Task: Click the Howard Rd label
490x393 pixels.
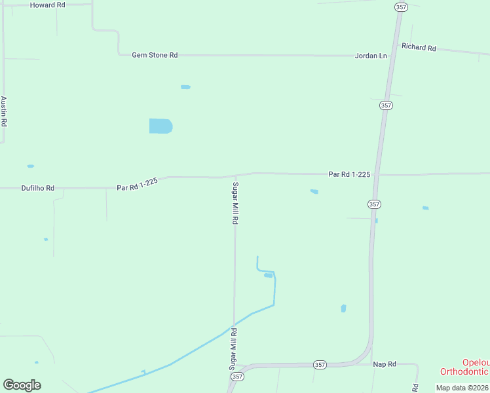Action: (x=48, y=5)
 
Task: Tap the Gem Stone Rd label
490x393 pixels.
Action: (x=155, y=56)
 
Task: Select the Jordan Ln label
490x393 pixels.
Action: (x=371, y=56)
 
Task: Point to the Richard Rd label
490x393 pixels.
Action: (x=419, y=47)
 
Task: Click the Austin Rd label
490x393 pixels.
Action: (x=4, y=111)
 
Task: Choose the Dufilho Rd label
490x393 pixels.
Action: (x=37, y=188)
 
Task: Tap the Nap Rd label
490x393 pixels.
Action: (x=385, y=364)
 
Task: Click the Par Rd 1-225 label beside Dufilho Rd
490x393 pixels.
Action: (x=138, y=184)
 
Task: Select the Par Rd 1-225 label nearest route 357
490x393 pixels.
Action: (x=349, y=174)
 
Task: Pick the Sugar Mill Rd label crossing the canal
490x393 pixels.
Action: (x=233, y=349)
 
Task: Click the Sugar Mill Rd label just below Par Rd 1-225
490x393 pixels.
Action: (x=235, y=204)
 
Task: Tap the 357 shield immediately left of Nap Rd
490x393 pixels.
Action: (x=319, y=365)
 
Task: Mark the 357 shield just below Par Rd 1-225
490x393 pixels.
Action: (x=373, y=204)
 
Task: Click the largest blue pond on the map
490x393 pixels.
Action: (x=160, y=126)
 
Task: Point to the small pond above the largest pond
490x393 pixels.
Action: (x=185, y=86)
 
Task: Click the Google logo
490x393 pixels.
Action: (x=22, y=385)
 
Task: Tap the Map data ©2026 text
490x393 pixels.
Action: (x=462, y=388)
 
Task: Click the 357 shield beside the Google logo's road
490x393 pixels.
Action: (x=237, y=377)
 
